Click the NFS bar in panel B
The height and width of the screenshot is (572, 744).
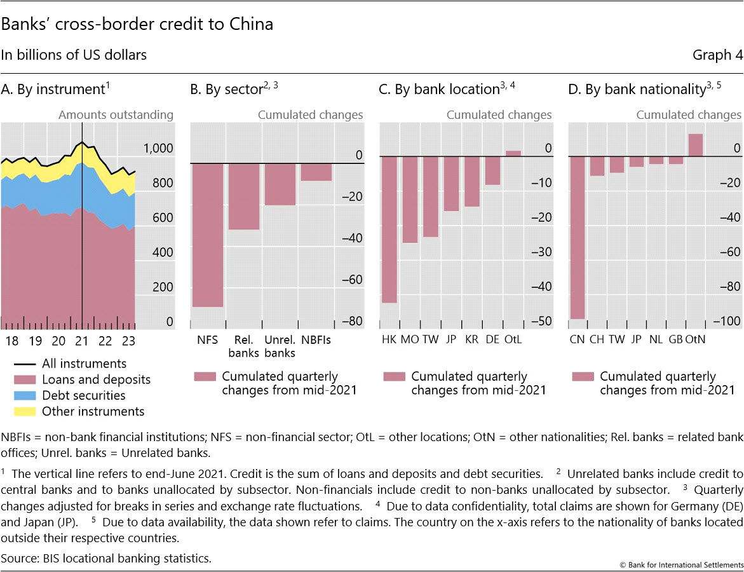207,235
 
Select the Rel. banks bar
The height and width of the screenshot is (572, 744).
244,196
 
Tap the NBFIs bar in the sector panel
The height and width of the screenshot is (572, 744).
316,172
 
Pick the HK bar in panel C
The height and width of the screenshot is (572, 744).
389,229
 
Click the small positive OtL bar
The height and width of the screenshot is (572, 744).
513,153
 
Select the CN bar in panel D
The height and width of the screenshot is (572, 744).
577,237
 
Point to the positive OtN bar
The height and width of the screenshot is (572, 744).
695,145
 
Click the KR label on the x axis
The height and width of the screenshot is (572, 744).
472,339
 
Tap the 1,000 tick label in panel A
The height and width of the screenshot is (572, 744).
158,148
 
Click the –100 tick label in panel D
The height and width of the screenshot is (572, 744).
727,322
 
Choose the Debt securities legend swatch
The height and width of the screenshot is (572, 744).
24,395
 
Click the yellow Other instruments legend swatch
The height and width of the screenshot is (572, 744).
24,411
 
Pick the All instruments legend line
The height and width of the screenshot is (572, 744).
24,364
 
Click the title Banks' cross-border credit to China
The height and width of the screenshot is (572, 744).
137,24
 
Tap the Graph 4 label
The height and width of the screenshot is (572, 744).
717,55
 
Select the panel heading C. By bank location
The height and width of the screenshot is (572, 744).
446,90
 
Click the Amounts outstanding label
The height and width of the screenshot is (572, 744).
116,115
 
